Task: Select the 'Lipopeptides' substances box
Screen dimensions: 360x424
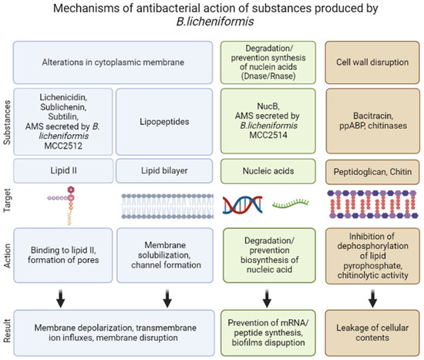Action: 167,121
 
